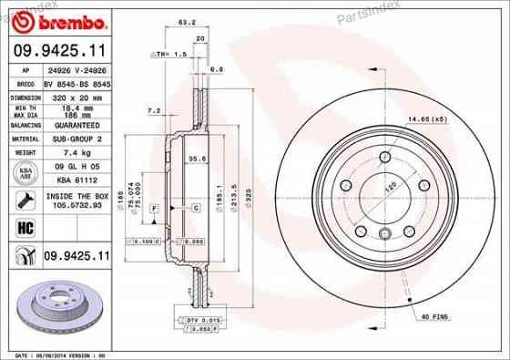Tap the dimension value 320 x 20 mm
(x=72, y=94)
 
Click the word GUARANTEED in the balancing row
(x=72, y=125)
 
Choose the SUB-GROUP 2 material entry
(x=72, y=139)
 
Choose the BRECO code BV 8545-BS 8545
(x=72, y=82)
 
